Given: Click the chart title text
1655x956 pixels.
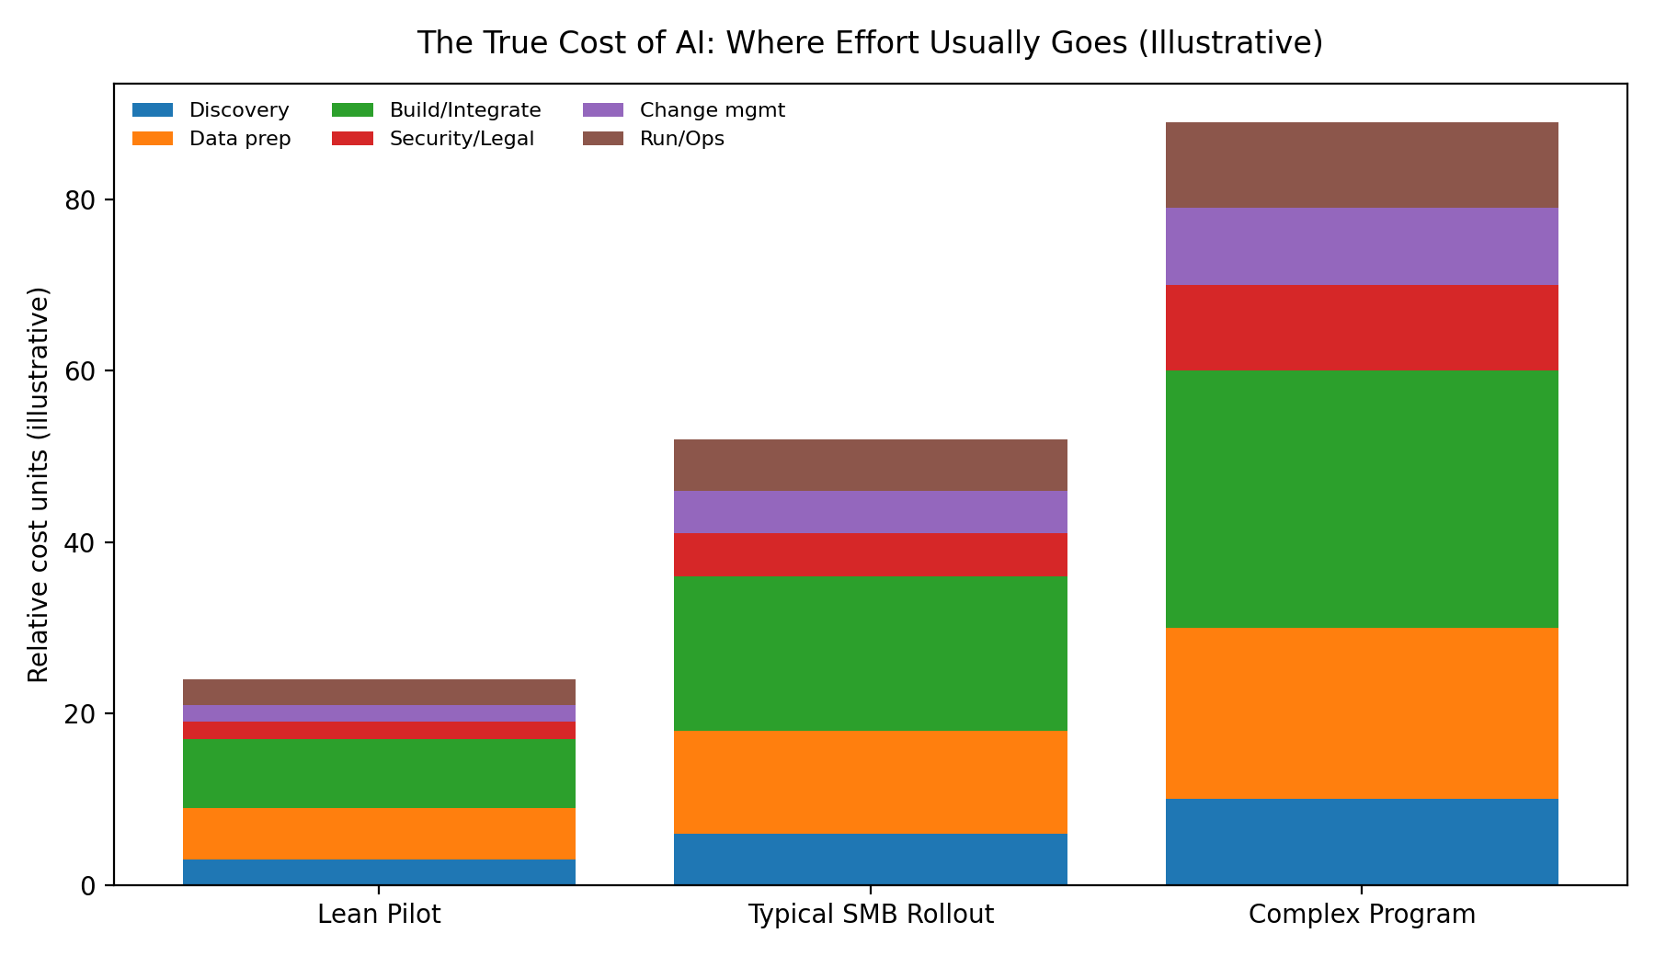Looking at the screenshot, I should click(x=870, y=43).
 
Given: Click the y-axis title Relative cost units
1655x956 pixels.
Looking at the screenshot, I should click(x=39, y=484).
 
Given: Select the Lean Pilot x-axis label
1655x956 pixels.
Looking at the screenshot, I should click(x=379, y=915).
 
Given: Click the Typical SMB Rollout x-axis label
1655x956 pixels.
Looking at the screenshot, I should click(x=871, y=915).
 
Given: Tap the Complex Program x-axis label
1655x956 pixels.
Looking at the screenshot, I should click(x=1362, y=915).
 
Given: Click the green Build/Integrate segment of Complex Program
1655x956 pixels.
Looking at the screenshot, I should click(x=1362, y=499).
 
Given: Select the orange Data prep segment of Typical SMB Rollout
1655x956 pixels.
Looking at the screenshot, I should click(x=871, y=782).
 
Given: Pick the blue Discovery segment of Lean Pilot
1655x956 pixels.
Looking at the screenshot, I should click(x=379, y=872).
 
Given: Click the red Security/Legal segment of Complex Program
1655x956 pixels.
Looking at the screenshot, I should click(x=1362, y=328).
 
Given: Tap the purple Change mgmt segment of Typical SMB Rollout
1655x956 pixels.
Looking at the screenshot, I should click(x=871, y=512).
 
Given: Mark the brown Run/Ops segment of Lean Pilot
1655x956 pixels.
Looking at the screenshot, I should click(x=379, y=692).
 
